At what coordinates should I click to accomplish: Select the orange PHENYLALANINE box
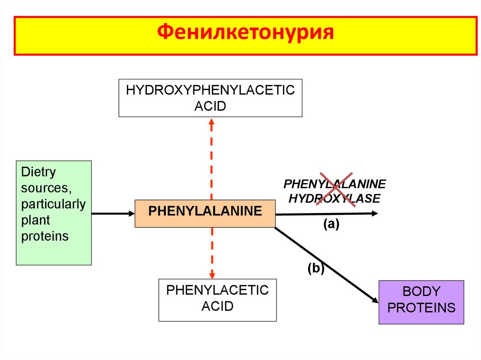205,213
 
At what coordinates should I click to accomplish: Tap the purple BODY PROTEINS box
421,302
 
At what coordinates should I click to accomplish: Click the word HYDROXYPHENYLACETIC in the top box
210,90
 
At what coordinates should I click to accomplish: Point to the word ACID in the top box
210,106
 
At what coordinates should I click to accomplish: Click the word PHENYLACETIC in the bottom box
217,290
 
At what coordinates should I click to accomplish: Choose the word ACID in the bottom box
217,306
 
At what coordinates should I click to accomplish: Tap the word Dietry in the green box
38,172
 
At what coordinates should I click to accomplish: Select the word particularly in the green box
54,204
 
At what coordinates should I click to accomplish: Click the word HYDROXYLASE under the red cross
334,199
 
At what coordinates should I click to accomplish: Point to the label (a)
330,224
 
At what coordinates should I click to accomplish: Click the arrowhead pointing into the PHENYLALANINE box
131,214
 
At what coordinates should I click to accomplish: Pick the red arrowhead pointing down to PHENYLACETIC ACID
212,275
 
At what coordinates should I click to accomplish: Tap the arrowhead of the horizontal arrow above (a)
374,214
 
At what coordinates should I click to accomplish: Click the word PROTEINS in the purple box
421,308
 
